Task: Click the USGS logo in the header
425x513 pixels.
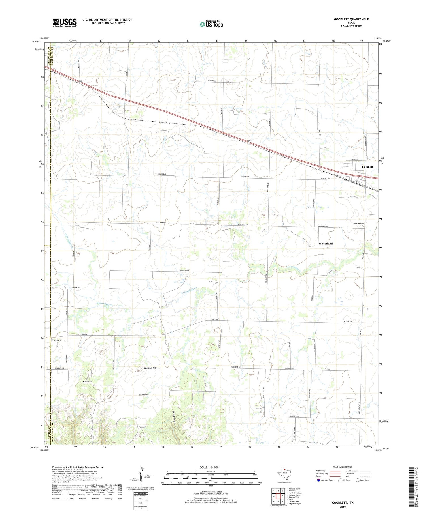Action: (64, 23)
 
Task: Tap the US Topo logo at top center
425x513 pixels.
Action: (211, 24)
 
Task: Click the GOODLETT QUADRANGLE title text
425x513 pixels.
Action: (351, 20)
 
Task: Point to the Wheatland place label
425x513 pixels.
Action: (326, 244)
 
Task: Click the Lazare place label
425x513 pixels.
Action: (56, 340)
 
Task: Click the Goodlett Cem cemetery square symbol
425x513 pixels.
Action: (363, 226)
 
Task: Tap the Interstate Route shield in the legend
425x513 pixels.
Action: (319, 480)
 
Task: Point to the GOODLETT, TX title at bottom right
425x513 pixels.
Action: (343, 503)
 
